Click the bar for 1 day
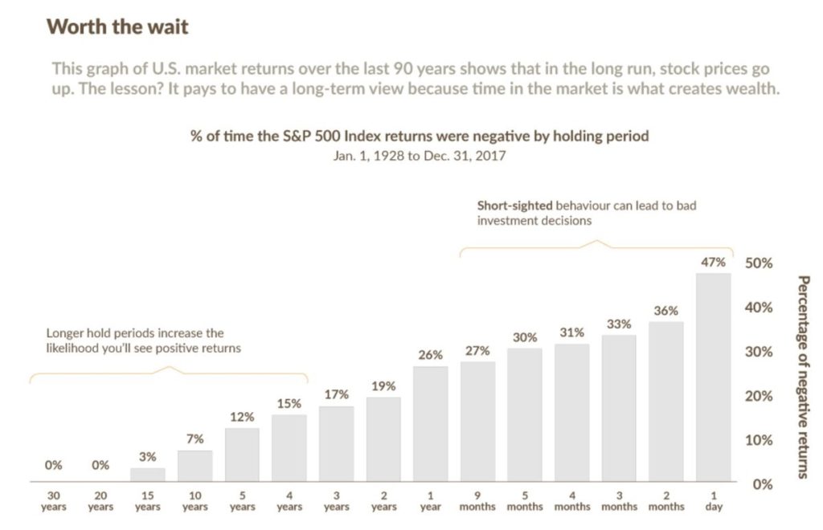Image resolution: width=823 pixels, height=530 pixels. click(713, 377)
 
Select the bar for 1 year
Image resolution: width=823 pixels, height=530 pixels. click(430, 424)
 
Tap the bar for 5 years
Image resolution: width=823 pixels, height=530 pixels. click(242, 455)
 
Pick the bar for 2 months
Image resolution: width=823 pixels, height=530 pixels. click(665, 402)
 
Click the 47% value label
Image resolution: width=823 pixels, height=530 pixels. click(713, 262)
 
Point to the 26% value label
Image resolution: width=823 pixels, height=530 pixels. click(430, 355)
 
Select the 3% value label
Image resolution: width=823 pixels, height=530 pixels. click(147, 457)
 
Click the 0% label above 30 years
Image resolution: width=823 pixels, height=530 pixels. click(53, 465)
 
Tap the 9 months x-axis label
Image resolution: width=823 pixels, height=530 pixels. click(477, 501)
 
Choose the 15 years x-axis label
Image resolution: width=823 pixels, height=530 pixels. click(147, 501)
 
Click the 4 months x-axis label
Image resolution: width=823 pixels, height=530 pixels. click(571, 501)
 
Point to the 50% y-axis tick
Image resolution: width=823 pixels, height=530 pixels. click(759, 263)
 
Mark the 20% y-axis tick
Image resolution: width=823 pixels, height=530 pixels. click(759, 396)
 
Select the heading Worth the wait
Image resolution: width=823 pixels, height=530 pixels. click(117, 26)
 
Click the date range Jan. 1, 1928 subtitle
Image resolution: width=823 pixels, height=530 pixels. click(419, 156)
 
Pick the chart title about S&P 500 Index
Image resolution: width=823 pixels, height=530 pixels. click(419, 137)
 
